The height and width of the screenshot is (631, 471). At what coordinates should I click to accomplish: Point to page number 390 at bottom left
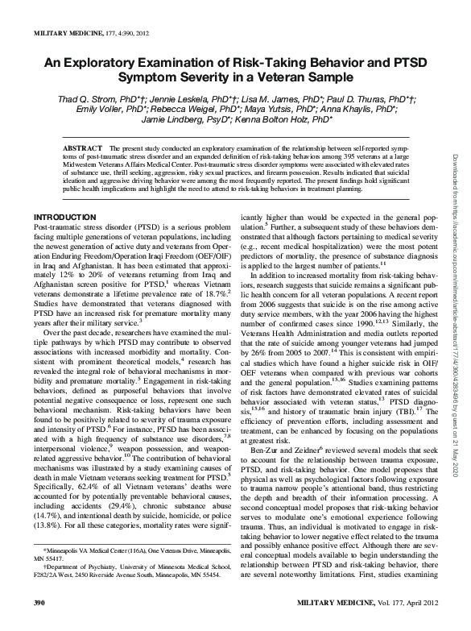point(38,623)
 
